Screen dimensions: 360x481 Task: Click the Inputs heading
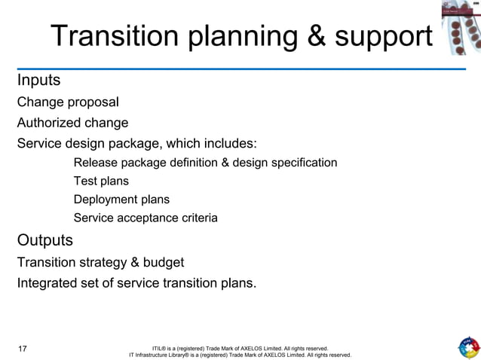click(39, 79)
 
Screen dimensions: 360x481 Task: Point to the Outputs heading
click(45, 241)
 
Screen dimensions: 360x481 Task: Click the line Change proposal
click(68, 102)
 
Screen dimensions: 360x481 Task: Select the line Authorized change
click(72, 122)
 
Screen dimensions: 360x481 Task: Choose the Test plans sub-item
click(101, 181)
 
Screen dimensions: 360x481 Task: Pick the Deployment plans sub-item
click(121, 200)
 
